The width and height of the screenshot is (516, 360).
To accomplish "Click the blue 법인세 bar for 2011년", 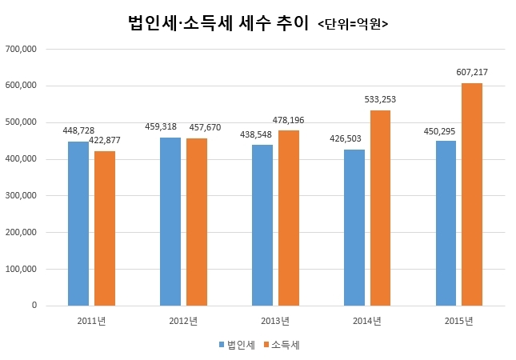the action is point(78,223).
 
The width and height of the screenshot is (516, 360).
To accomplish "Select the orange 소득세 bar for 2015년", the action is point(472,194).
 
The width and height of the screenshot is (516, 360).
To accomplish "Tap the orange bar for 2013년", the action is point(289,218).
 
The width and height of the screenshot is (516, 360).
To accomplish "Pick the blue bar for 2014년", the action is point(354,228).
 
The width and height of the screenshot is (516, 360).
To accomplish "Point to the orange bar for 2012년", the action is point(197,222).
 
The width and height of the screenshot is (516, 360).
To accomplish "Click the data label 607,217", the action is point(472,72).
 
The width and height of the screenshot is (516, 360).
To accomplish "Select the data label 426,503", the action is point(346,138).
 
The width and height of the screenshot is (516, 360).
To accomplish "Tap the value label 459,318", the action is point(161,126).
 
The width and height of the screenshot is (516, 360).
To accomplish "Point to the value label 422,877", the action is point(105,140).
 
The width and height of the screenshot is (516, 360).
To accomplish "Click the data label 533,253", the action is point(380,99).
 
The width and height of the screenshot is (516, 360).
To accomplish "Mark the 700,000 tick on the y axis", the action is point(21,49).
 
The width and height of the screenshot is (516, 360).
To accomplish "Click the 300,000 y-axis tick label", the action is point(21,195).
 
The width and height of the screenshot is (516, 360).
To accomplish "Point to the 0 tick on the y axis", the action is point(34,306).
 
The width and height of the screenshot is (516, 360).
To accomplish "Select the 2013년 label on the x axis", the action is point(275,321).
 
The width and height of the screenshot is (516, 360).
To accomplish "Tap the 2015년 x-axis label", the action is point(458,321).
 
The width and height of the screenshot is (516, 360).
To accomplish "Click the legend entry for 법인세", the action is point(237,345).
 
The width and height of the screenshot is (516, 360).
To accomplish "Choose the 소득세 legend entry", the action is point(282,345).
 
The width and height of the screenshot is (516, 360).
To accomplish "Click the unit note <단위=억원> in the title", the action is point(353,24).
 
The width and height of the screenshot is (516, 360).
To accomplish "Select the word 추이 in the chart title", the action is point(292,23).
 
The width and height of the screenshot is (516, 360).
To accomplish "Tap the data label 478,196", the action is point(288,120).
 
